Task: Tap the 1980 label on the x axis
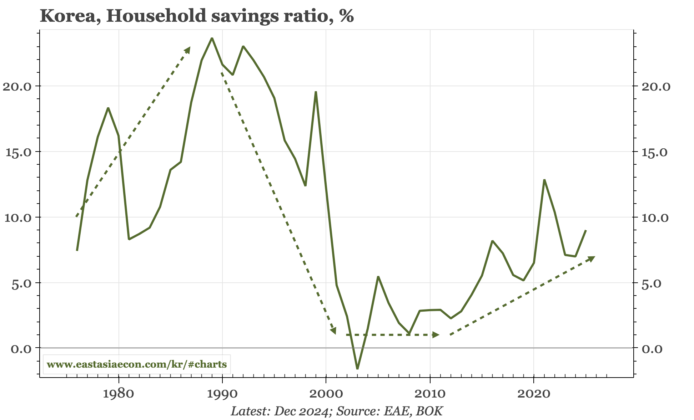[x=118, y=394]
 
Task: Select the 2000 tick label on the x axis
[x=326, y=394]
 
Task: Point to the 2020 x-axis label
[x=533, y=394]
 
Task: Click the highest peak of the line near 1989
[x=212, y=38]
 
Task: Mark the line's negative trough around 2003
[x=357, y=369]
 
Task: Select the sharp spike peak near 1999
[x=316, y=92]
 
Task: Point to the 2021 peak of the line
[x=544, y=180]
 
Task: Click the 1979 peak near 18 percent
[x=108, y=108]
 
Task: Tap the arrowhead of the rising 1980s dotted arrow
[x=188, y=49]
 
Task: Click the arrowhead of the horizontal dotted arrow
[x=436, y=334]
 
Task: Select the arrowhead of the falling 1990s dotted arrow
[x=333, y=331]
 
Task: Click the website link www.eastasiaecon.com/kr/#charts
[x=137, y=364]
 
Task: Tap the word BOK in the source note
[x=429, y=411]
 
